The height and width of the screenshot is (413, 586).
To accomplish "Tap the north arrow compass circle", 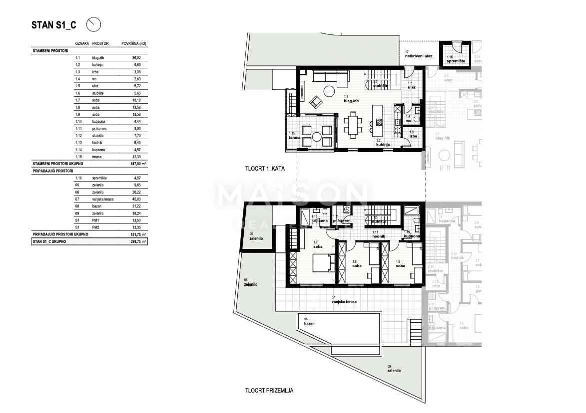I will click(x=94, y=23).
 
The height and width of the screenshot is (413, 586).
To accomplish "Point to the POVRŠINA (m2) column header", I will click(x=133, y=44).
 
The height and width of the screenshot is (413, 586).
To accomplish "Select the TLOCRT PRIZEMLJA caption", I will click(x=269, y=391).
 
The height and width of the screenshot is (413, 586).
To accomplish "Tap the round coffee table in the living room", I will click(x=329, y=92).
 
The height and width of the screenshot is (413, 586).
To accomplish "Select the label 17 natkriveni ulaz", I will click(x=418, y=54).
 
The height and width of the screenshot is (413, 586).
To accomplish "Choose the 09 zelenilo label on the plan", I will click(x=394, y=369).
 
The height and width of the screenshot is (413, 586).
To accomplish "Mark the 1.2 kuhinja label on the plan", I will click(x=383, y=143).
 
